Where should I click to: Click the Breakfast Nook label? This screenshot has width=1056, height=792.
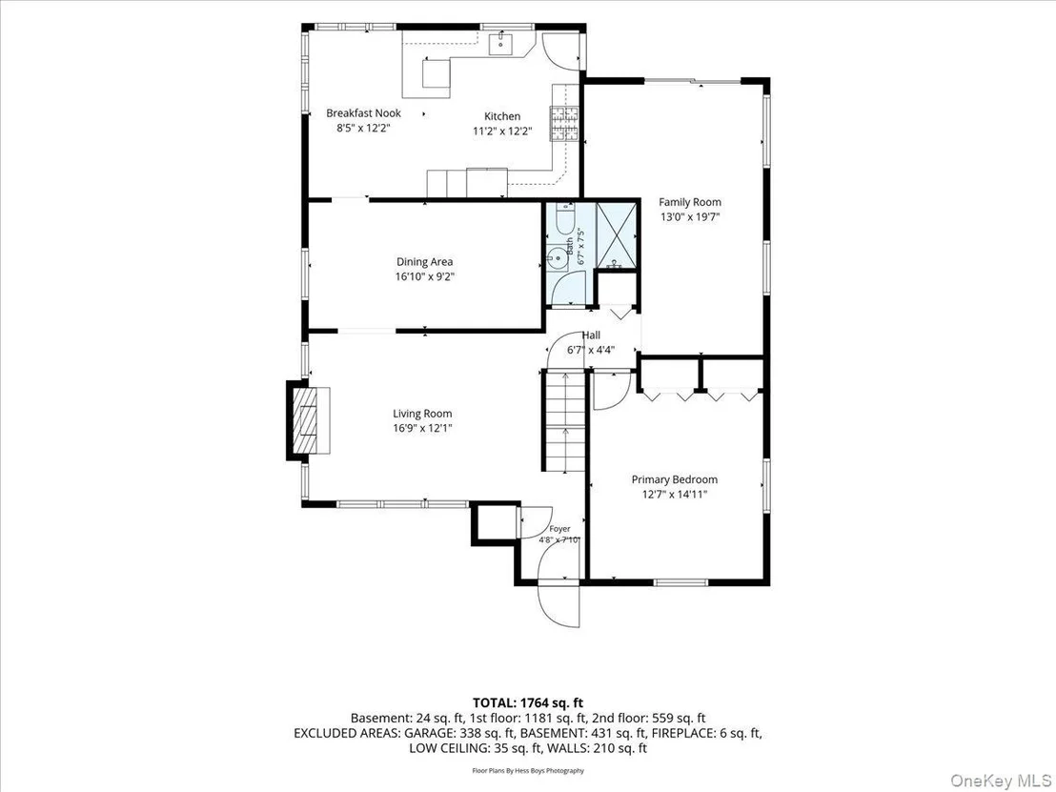coord(364,113)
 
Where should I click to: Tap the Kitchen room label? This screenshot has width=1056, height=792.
coord(502,116)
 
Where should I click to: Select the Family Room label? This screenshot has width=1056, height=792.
coord(690,202)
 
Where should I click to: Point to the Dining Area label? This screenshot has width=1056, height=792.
coord(424,262)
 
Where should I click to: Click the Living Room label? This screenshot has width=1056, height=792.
coord(422,414)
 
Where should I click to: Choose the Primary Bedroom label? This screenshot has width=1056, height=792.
coord(674,479)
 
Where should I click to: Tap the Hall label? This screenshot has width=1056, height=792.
coord(591,335)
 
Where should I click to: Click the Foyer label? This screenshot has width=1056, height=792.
coord(559,529)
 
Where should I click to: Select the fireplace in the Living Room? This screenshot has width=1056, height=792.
coord(309,420)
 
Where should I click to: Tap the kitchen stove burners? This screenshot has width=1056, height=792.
coord(564,124)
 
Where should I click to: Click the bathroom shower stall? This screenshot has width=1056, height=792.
coord(617,235)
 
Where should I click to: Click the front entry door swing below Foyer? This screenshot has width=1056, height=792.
coord(558,582)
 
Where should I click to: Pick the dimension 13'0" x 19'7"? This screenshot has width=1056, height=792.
coord(690,217)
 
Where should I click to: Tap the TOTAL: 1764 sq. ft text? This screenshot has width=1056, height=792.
coord(528,703)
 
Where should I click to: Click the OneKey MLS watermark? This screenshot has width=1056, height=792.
coord(1001,780)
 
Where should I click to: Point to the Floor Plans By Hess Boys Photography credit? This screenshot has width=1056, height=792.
coord(528,770)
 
